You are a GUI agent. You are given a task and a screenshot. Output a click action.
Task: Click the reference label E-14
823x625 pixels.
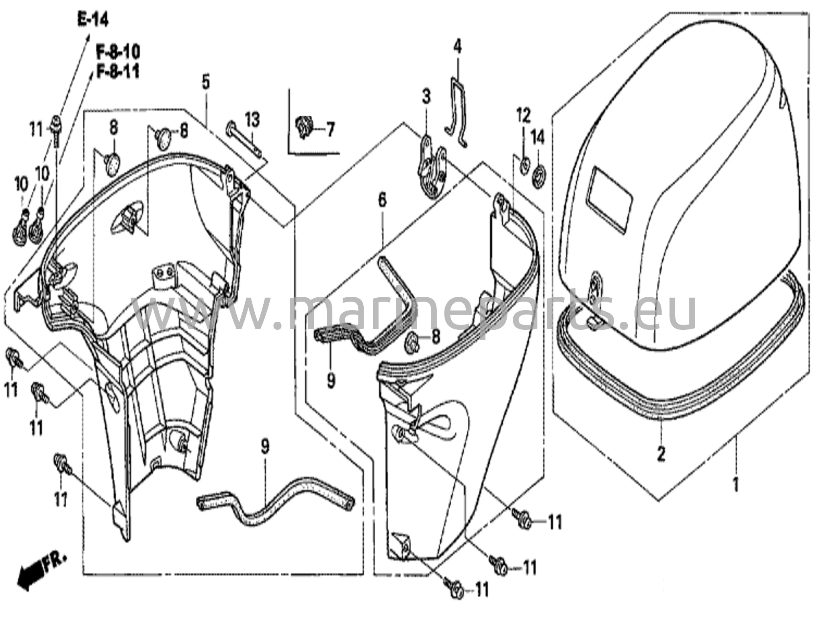click(92, 19)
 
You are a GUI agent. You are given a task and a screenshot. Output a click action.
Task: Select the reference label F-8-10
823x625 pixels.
click(118, 52)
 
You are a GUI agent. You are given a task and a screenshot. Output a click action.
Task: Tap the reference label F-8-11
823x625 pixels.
click(118, 72)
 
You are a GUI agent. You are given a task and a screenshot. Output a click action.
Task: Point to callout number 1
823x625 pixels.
click(736, 485)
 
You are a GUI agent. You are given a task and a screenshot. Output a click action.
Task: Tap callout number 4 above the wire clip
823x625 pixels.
click(458, 47)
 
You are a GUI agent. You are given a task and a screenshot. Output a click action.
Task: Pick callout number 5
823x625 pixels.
click(205, 82)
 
